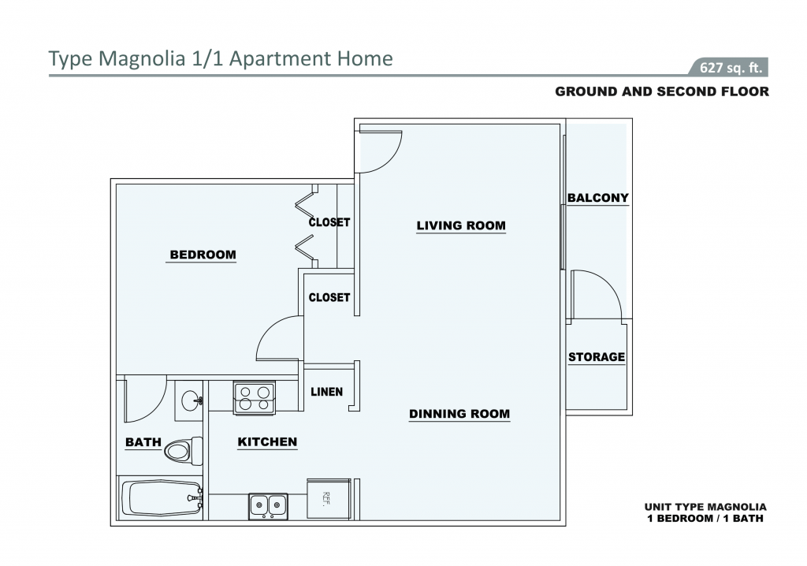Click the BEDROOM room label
coord(203,255)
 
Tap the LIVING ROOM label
coord(461,225)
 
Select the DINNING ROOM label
coord(459,414)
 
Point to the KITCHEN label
coord(267,442)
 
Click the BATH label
coord(143,442)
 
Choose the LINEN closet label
coord(326,392)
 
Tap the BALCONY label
coord(598,198)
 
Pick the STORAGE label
coord(597,357)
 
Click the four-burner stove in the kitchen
coord(255,397)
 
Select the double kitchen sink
coord(268,506)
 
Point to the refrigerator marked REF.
coord(329,498)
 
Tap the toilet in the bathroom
coord(184,451)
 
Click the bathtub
coord(162,498)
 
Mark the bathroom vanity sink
coord(189,400)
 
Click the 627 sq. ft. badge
coord(731,68)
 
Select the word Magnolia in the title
coord(142,58)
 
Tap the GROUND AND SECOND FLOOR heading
coord(662,91)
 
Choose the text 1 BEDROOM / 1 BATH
coord(705,519)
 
